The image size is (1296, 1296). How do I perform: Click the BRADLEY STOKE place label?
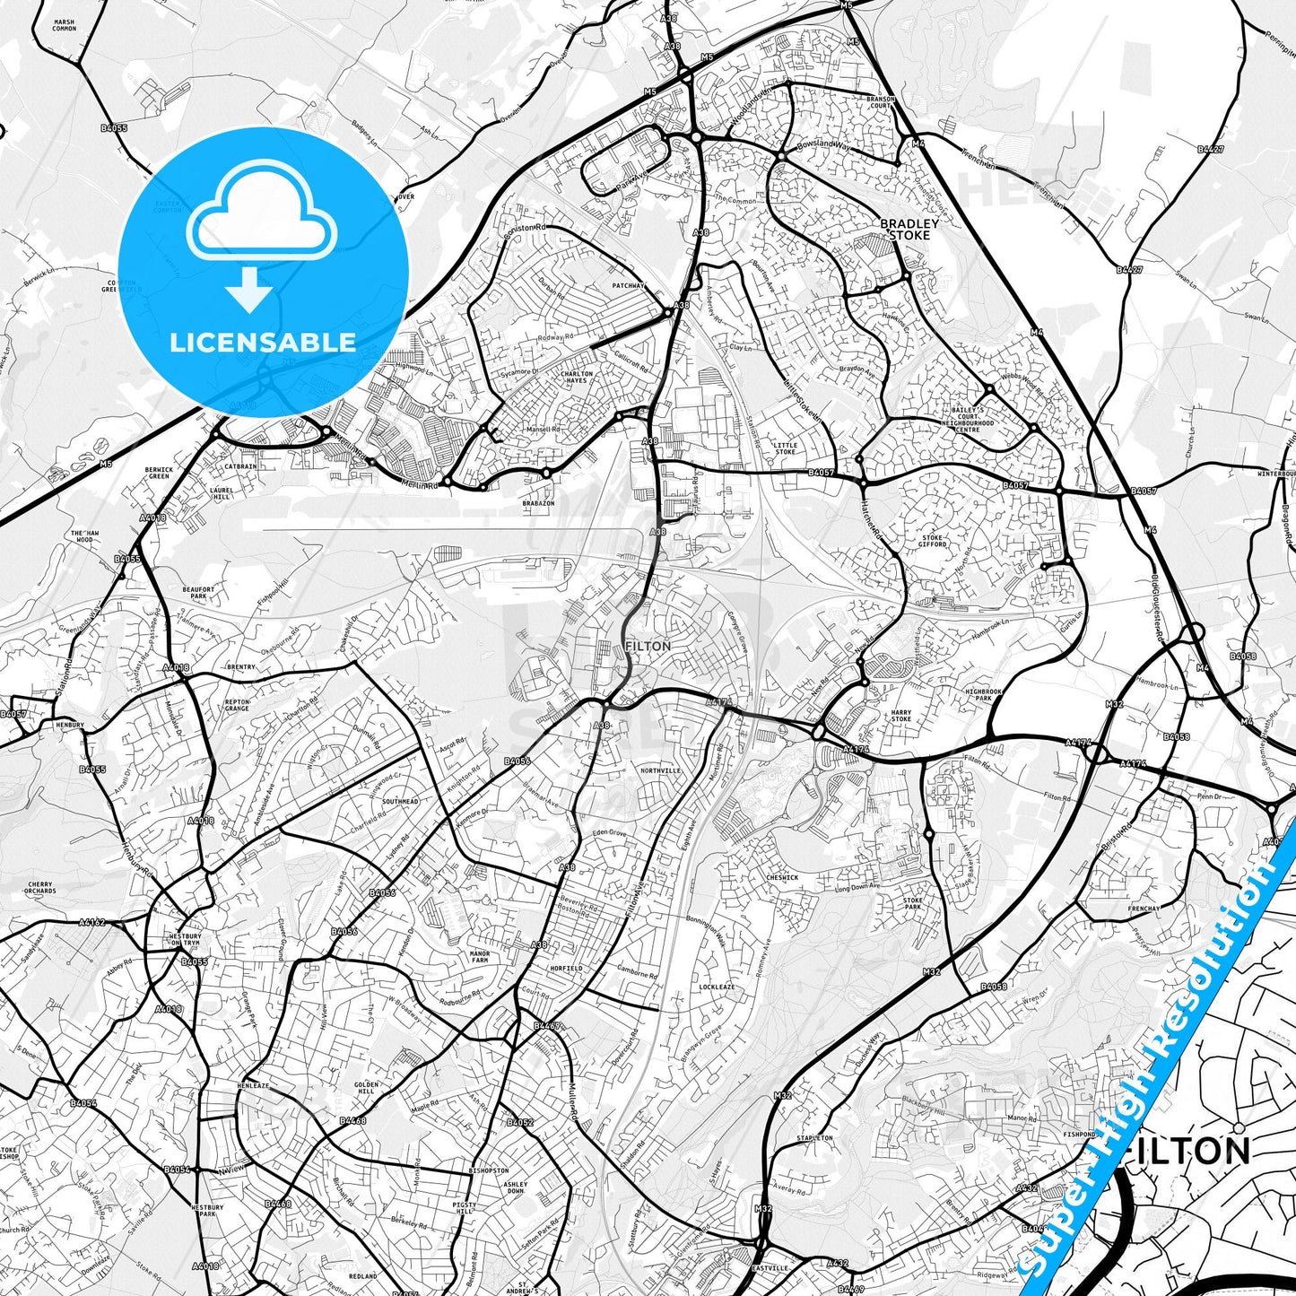(909, 229)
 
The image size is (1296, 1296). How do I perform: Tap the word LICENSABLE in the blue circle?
(263, 342)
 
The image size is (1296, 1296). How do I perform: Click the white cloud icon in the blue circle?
(261, 222)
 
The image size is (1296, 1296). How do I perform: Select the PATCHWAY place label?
(629, 286)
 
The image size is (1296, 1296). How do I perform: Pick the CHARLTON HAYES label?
(577, 378)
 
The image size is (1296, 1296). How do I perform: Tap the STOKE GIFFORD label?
(933, 540)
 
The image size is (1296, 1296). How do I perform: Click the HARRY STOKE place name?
(901, 716)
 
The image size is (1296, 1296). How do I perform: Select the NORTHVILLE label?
(661, 770)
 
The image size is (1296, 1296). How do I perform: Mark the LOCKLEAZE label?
(717, 987)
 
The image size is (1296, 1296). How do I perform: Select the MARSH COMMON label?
(65, 25)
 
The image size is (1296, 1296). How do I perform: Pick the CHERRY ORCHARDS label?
(40, 887)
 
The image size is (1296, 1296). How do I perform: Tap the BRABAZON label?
(538, 504)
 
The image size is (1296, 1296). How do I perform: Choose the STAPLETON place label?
(814, 1138)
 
